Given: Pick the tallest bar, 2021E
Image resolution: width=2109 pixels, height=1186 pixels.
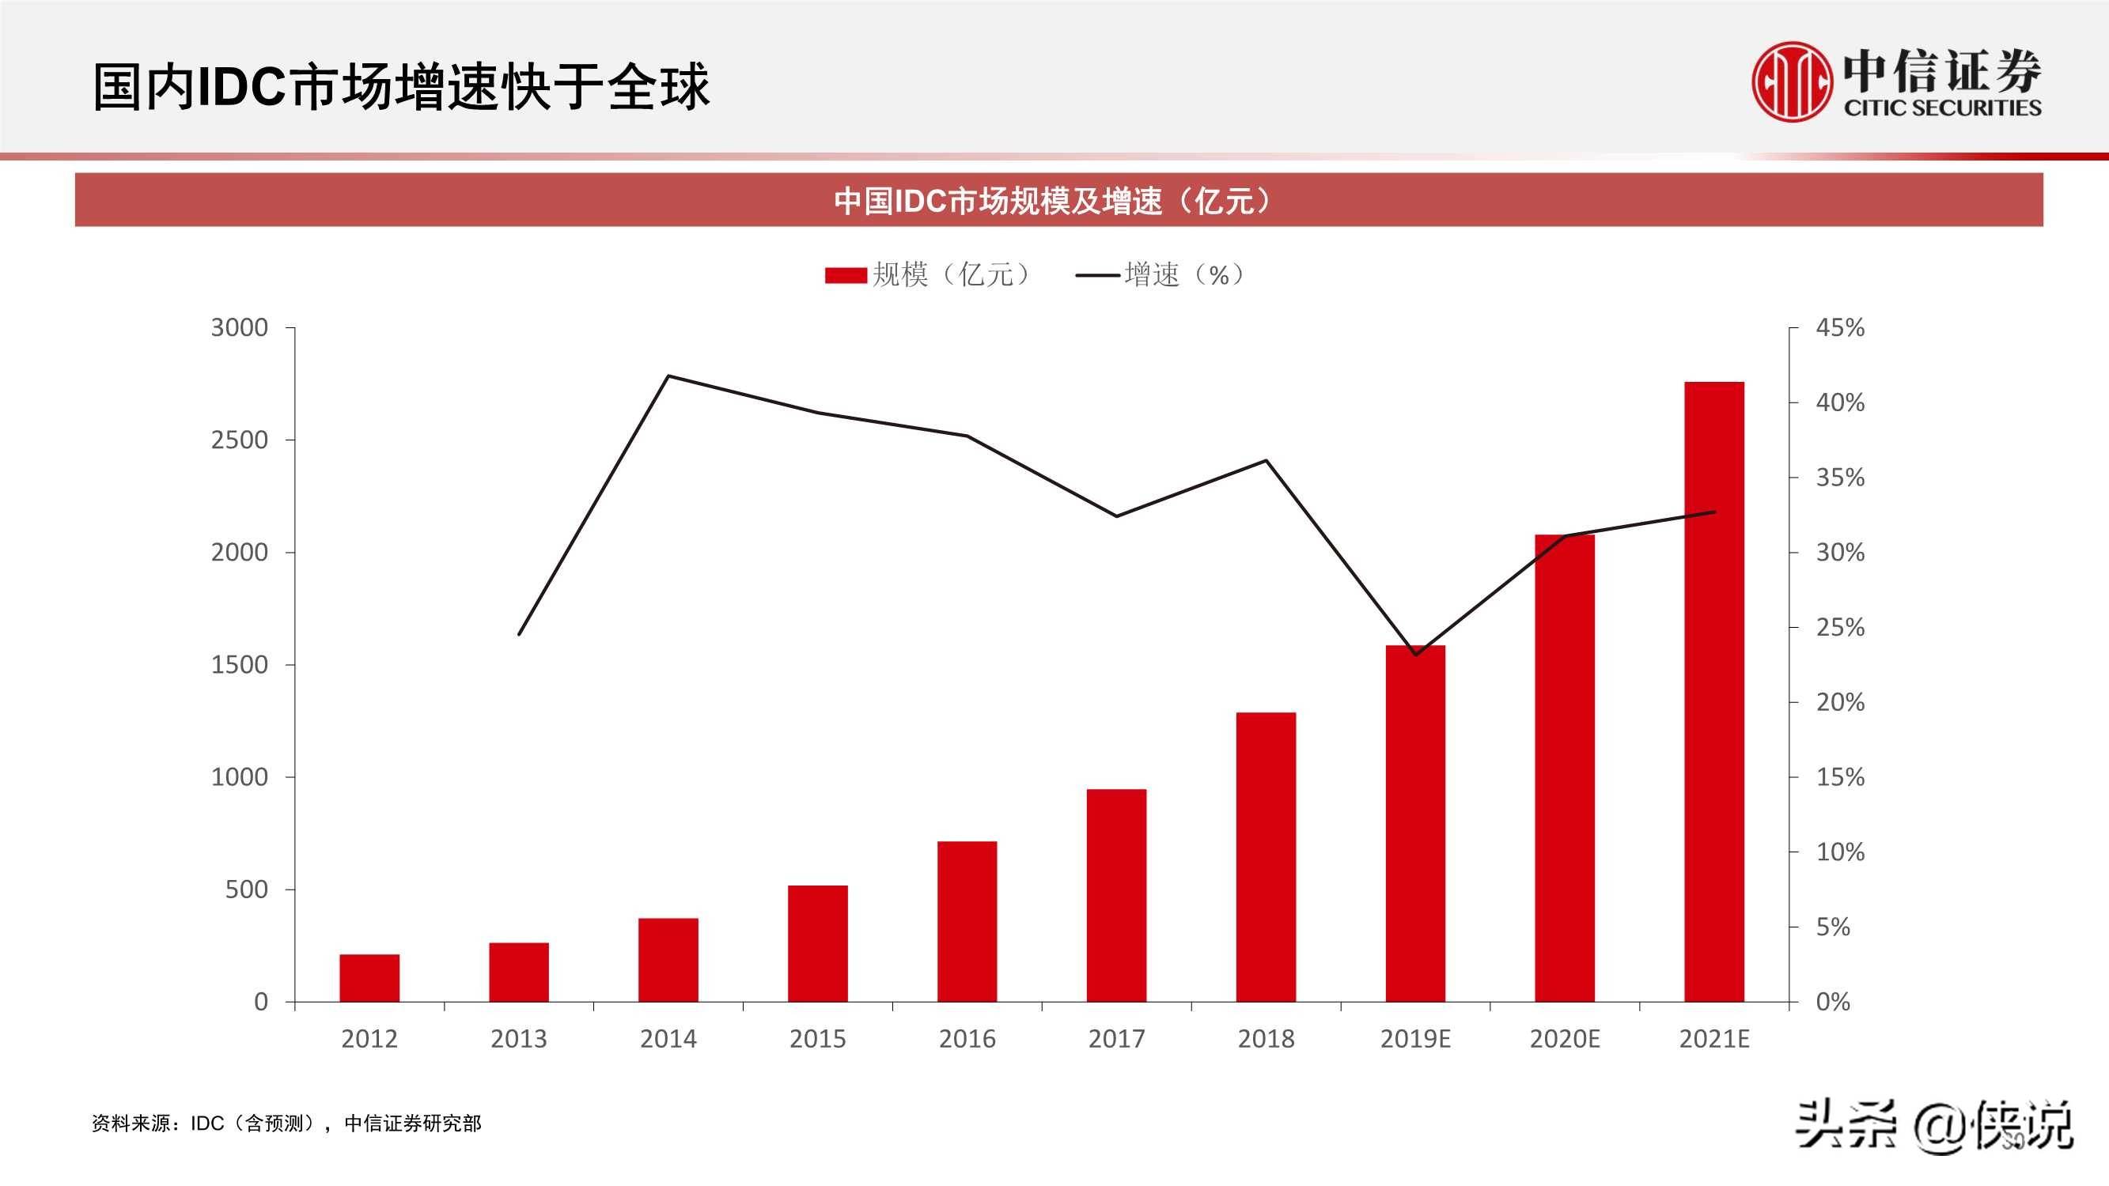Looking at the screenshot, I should [1713, 691].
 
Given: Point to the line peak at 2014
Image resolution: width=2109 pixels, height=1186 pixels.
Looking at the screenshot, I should [669, 376].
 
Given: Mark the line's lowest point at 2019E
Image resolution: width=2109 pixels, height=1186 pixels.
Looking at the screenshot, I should [1415, 655].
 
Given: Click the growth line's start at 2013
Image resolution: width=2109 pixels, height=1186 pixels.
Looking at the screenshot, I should [519, 634].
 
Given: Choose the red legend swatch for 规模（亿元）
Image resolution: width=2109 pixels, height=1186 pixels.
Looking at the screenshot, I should [845, 275].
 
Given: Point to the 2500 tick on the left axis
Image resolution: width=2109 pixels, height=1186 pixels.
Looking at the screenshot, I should [239, 440].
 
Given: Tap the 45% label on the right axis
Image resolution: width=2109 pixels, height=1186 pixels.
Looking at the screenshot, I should [1840, 328].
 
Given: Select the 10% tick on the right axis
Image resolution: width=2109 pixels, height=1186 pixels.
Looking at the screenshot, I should [1840, 852].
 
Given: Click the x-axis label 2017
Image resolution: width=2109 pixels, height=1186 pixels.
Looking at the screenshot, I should [1116, 1039].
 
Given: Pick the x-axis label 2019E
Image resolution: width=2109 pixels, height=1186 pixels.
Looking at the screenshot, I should [1414, 1039].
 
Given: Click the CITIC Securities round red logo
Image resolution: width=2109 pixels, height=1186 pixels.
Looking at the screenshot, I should [1791, 83].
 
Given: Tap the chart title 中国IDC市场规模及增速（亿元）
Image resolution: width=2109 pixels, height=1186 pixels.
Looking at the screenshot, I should [1054, 201].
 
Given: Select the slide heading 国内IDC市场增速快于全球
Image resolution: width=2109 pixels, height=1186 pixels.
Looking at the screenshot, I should [401, 87].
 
